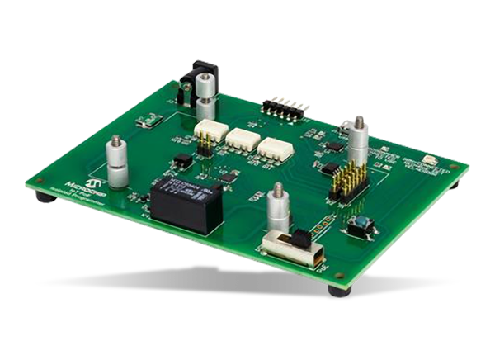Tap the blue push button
[x=360, y=223]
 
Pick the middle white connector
[x=242, y=140]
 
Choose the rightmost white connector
[x=276, y=149]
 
